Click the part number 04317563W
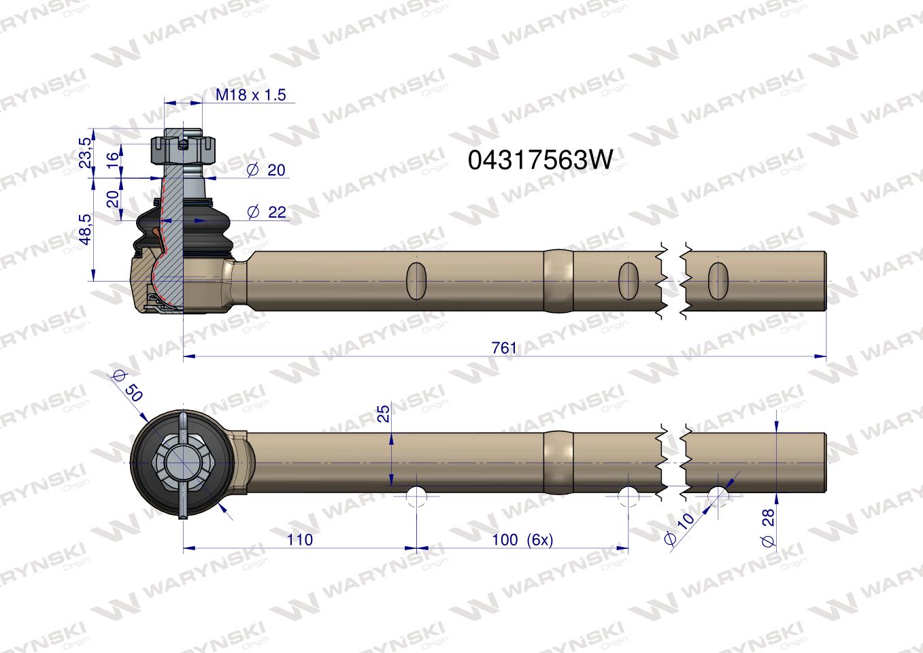pyautogui.click(x=540, y=159)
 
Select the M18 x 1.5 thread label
pyautogui.click(x=250, y=95)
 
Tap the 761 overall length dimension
pyautogui.click(x=504, y=348)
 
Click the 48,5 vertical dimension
pyautogui.click(x=86, y=229)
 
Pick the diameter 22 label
pyautogui.click(x=267, y=212)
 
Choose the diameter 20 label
pyautogui.click(x=266, y=170)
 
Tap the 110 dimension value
pyautogui.click(x=299, y=539)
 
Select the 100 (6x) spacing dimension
pyautogui.click(x=522, y=539)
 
